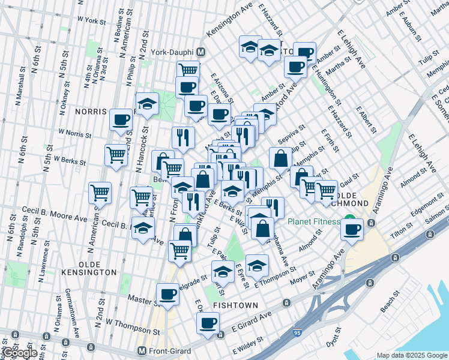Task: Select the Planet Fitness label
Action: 313,221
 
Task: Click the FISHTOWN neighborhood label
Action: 235,305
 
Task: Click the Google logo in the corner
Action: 19,353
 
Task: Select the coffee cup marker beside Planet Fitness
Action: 353,229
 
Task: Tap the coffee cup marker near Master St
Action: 167,295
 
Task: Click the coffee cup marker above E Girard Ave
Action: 208,323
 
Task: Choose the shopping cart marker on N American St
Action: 100,193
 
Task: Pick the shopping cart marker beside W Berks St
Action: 116,155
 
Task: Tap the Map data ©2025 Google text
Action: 411,355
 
